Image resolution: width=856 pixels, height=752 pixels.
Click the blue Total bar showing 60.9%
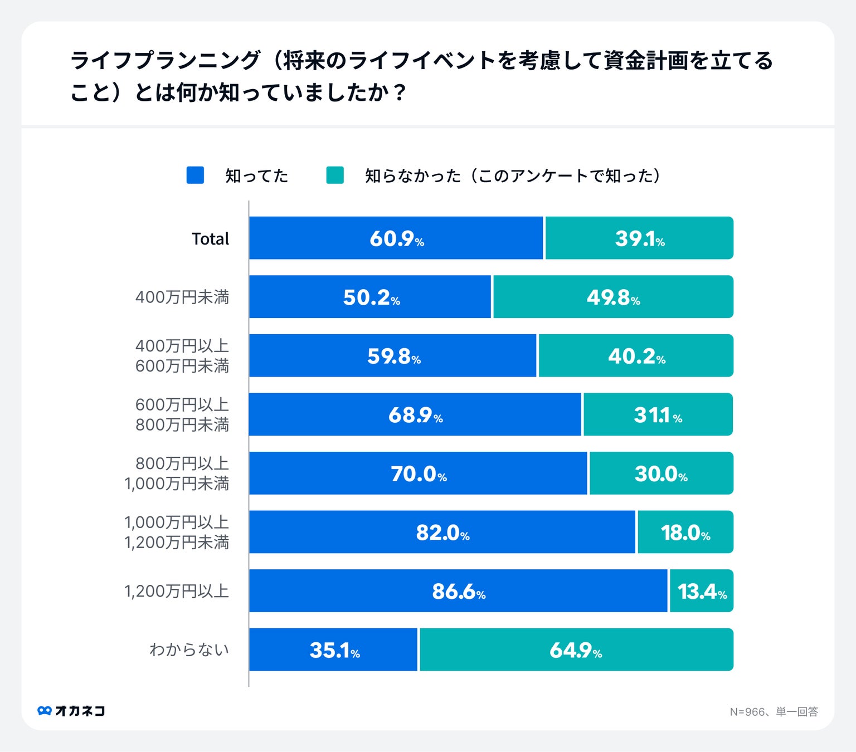click(x=396, y=238)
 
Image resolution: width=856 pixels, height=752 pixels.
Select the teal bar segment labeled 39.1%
click(x=639, y=238)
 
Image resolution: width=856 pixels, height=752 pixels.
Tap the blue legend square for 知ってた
click(x=195, y=175)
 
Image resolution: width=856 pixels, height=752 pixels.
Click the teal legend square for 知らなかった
click(x=335, y=175)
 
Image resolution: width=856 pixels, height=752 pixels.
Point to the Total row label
click(x=210, y=239)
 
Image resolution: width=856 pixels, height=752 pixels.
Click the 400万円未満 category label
click(x=182, y=297)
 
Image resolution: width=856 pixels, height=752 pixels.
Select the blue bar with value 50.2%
click(x=371, y=297)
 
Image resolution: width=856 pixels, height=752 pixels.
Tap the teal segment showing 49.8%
click(x=613, y=297)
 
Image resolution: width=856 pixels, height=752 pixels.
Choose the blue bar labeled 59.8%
click(x=393, y=356)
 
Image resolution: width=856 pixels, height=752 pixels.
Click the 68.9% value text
click(x=415, y=415)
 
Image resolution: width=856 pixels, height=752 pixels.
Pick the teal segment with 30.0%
click(x=661, y=473)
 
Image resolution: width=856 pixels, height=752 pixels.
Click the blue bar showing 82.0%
click(x=442, y=532)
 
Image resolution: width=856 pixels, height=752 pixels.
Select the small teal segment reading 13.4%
click(x=702, y=591)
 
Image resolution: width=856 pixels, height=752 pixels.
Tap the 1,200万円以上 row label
click(x=177, y=591)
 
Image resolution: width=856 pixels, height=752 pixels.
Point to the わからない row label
click(x=189, y=650)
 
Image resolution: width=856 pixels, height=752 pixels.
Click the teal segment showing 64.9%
click(x=576, y=650)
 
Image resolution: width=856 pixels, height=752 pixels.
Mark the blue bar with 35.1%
click(x=333, y=650)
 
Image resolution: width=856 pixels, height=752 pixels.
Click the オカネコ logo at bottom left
click(x=71, y=711)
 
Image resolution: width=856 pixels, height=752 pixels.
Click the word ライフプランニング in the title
click(x=165, y=60)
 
